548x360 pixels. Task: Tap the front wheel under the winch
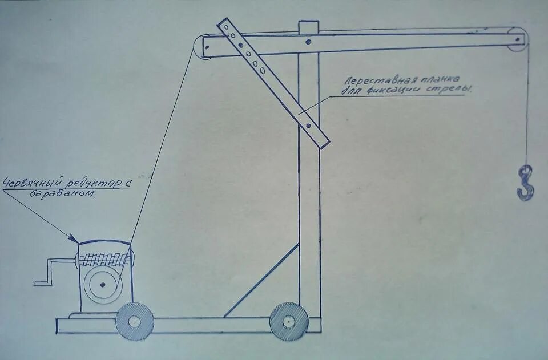point(134,321)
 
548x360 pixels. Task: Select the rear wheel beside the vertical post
point(289,322)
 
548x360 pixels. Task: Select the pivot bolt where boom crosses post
point(308,41)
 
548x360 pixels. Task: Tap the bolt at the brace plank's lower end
point(308,125)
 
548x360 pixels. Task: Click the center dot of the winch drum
point(102,284)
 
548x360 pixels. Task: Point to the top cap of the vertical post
point(308,26)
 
